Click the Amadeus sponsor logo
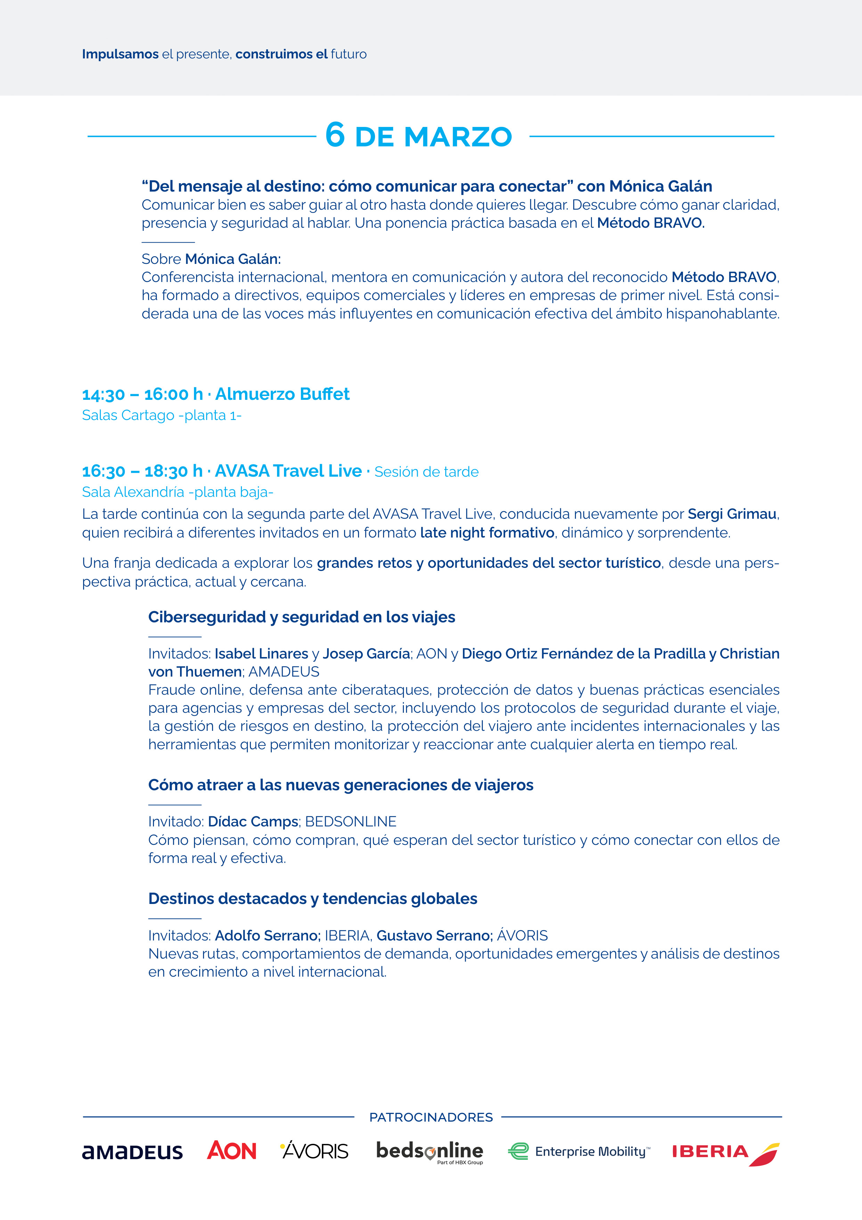coord(132,1152)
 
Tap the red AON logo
coord(231,1150)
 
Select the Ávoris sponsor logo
coord(315,1150)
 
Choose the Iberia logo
coord(725,1153)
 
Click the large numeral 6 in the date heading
coord(335,135)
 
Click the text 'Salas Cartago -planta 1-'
coord(162,415)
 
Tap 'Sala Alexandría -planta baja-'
coord(177,492)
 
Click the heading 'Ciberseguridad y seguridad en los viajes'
coord(302,617)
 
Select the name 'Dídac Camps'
coord(253,822)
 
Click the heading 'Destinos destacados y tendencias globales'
coord(313,898)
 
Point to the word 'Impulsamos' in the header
coord(120,54)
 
